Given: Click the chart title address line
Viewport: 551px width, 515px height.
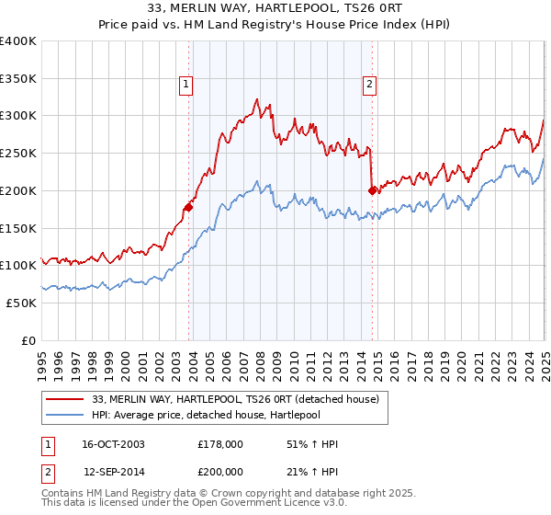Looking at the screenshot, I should click(275, 7).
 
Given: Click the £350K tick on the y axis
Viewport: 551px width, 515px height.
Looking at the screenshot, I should click(19, 78).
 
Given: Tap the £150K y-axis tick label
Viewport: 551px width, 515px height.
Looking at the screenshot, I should click(19, 228).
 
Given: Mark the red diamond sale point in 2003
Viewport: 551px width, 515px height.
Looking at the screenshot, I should click(188, 207).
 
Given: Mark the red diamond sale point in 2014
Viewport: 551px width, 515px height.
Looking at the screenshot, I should click(372, 190).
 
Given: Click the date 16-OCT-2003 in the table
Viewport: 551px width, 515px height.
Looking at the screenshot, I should click(113, 444).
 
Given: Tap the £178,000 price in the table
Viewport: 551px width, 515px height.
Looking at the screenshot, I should click(220, 444).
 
